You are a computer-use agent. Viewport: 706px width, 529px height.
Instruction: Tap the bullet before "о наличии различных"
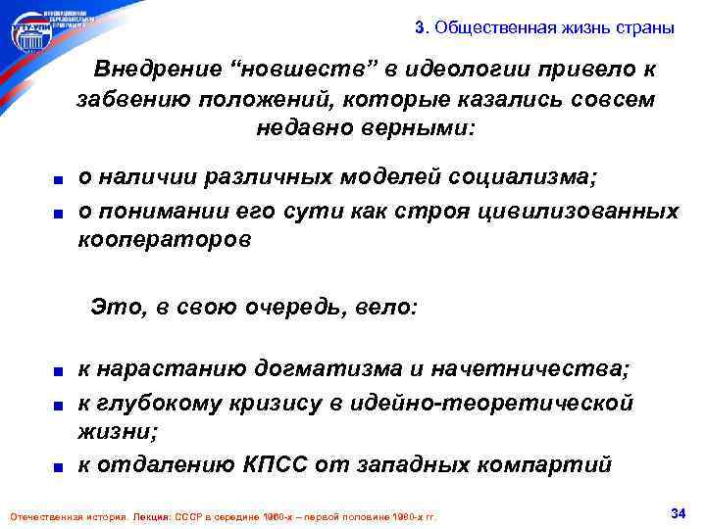click(61, 178)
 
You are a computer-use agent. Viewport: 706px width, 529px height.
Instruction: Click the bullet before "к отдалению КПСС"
click(61, 465)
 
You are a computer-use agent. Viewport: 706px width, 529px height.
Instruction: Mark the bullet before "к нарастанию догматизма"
click(61, 371)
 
